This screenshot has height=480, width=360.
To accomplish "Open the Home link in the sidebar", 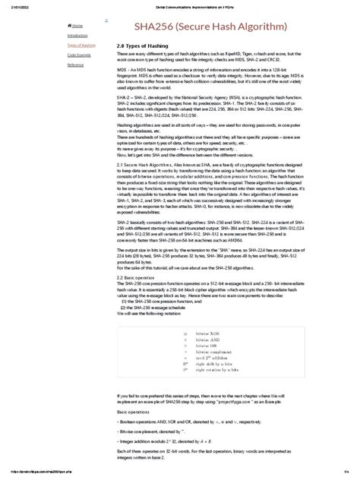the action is click(x=78, y=25).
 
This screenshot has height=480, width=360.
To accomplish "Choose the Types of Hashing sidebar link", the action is click(x=81, y=45).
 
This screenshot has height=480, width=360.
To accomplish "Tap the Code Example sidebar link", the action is click(x=78, y=55).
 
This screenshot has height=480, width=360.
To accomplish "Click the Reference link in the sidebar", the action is click(x=75, y=65).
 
